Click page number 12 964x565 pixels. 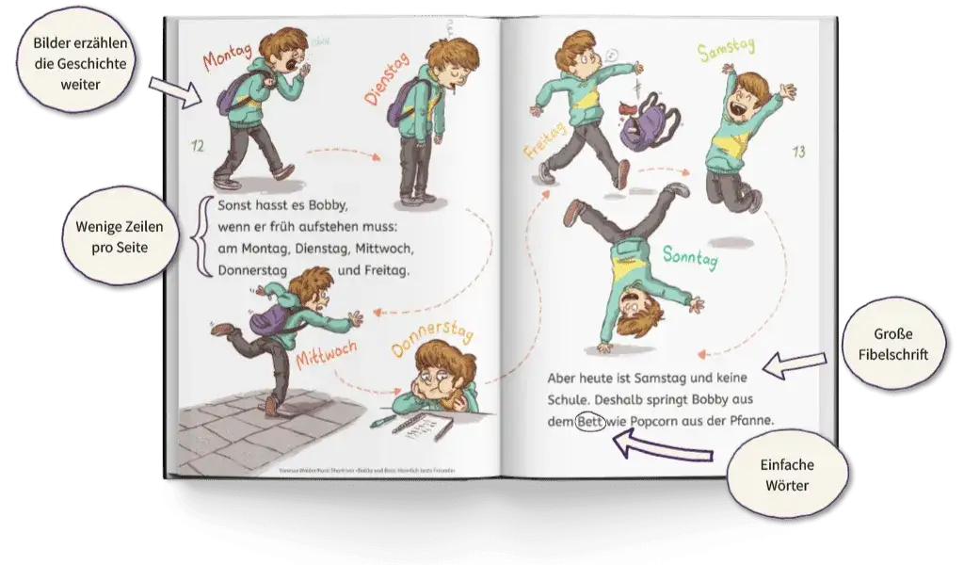[197, 146]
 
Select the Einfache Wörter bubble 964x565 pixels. [789, 476]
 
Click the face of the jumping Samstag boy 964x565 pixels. [751, 94]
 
